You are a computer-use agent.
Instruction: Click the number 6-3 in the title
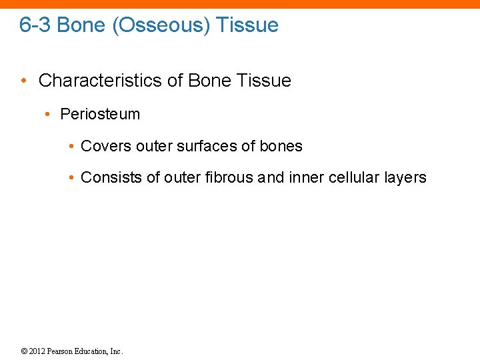35,25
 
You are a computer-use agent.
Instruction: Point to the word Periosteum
100,114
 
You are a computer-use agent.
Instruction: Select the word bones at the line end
282,146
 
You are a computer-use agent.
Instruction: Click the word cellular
355,177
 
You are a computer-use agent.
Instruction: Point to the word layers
405,177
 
